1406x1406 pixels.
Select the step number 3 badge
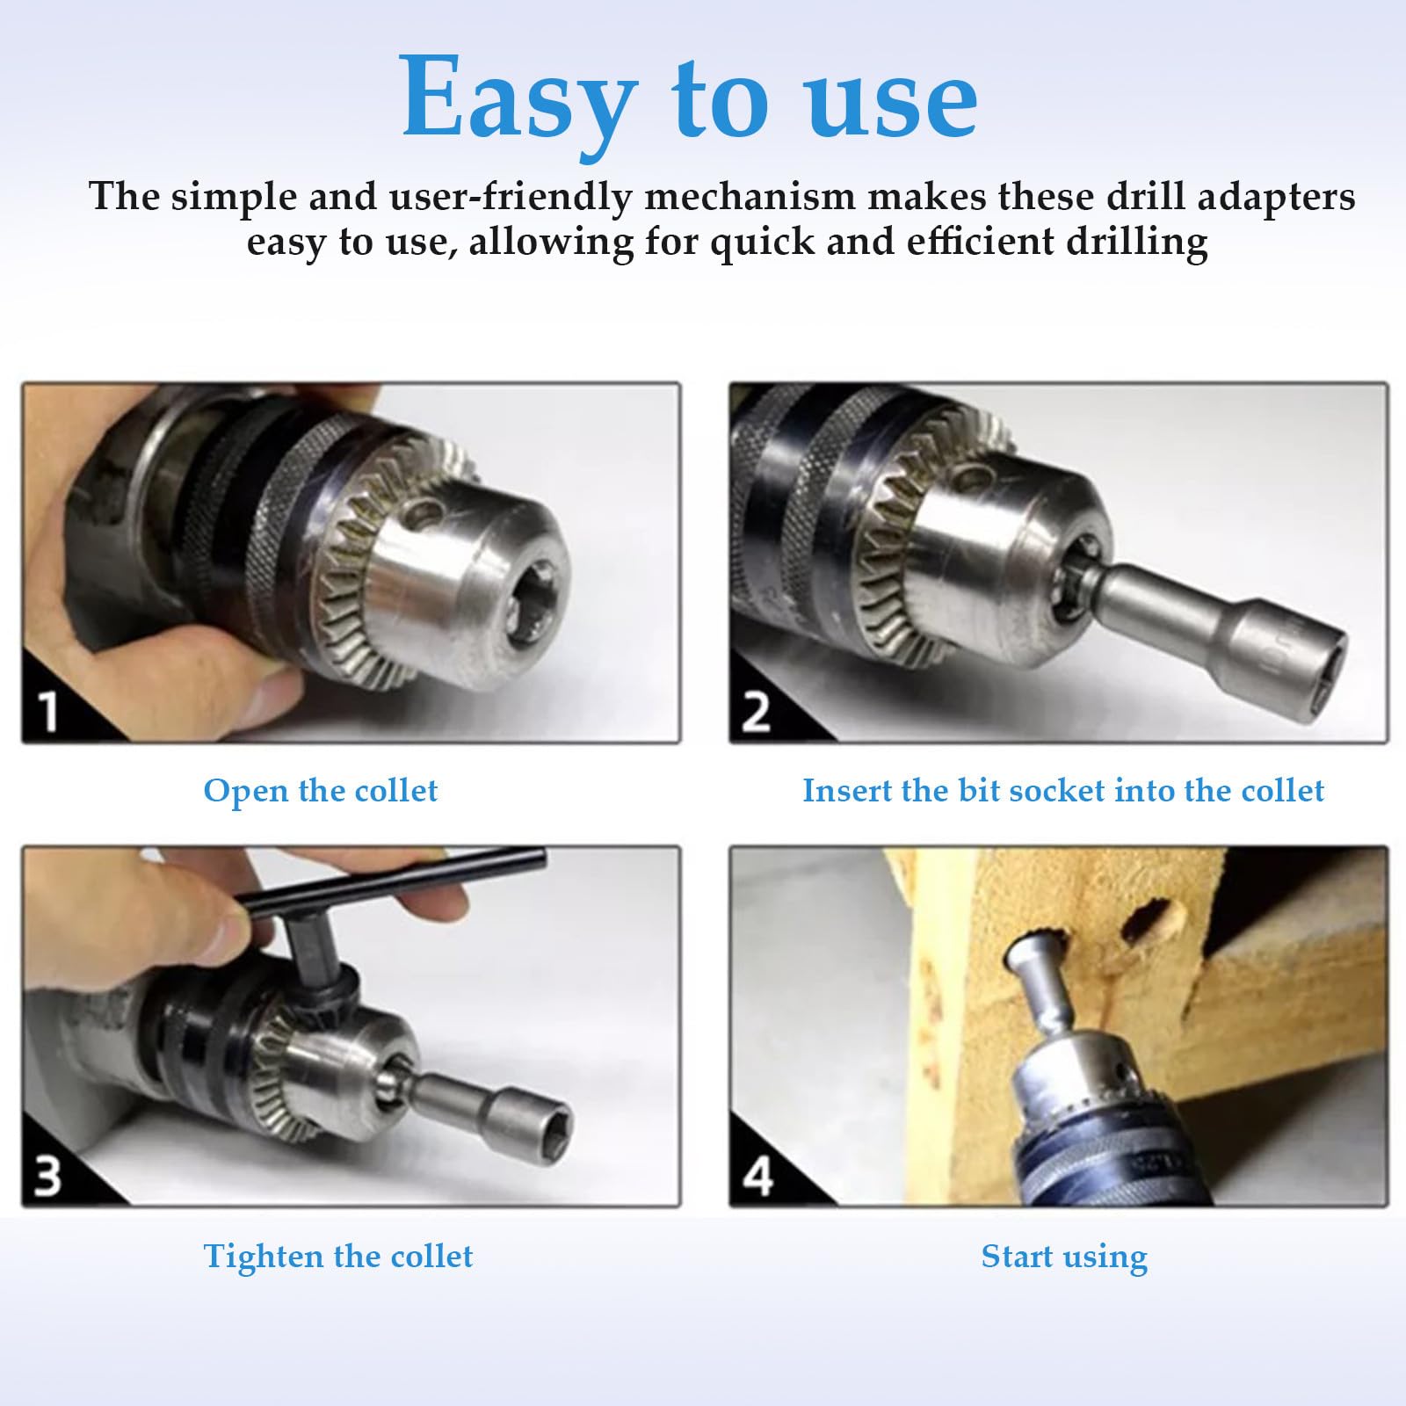[47, 1175]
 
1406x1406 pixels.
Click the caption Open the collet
[320, 792]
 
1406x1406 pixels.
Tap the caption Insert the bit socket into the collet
[1063, 791]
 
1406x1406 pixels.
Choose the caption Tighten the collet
[338, 1257]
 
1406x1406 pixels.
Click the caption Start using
[1064, 1257]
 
